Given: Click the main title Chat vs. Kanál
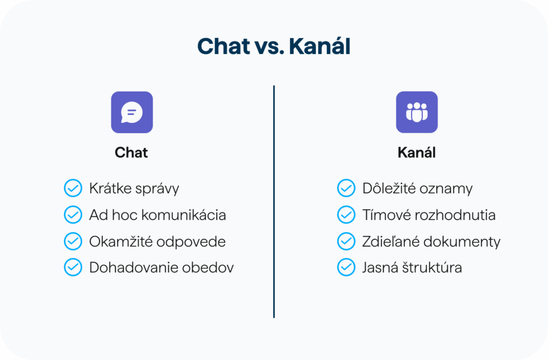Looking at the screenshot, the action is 273,46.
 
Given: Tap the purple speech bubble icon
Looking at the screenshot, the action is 132,112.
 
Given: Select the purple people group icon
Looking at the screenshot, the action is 416,112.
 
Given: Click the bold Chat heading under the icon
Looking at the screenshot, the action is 132,152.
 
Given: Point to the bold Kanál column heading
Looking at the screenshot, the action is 416,152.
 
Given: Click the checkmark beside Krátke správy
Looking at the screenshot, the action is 73,188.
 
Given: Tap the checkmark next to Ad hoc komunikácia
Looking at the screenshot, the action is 73,215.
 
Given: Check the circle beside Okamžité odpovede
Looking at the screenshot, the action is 73,241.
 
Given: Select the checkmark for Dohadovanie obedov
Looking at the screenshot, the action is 73,267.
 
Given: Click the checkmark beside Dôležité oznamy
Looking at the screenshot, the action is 346,188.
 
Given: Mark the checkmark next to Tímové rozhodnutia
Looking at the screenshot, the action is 346,215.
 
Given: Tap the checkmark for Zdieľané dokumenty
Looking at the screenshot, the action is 346,241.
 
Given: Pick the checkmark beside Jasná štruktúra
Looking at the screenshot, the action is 346,267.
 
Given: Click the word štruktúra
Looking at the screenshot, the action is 432,267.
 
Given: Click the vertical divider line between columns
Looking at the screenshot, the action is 274,202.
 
